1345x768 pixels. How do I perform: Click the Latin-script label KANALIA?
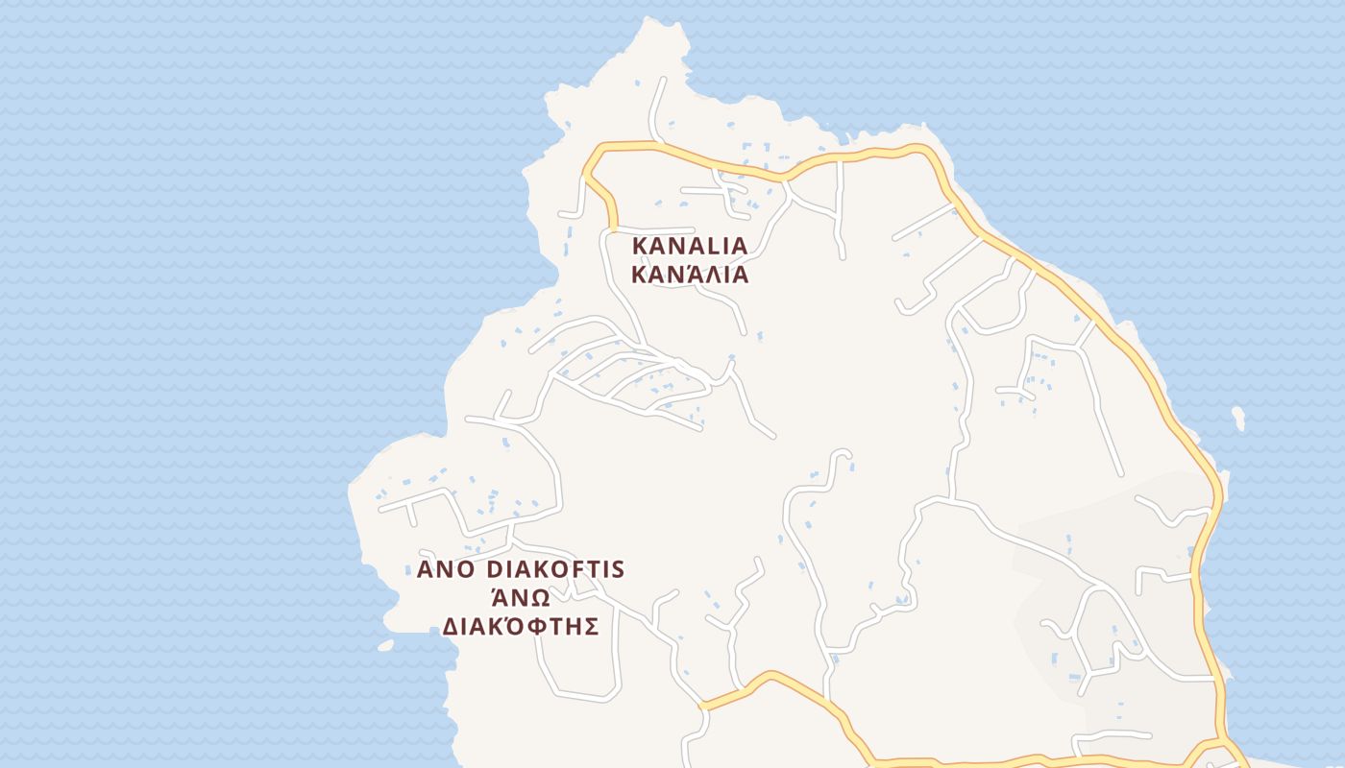point(689,246)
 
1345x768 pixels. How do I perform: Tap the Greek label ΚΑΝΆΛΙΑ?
point(689,275)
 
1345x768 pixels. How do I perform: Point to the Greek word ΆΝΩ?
point(520,597)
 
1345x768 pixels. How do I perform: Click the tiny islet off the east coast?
point(1238,418)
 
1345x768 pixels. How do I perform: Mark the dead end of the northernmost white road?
point(663,80)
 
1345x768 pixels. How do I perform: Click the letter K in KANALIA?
point(639,246)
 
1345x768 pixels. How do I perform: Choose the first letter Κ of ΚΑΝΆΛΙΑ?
point(638,275)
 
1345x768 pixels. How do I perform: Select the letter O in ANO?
point(466,569)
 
